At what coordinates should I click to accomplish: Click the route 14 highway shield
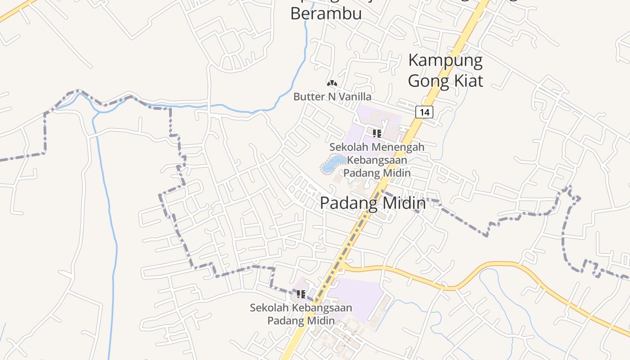click(x=424, y=112)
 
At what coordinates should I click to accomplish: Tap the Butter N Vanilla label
click(x=332, y=97)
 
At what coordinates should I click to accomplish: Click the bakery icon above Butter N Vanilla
click(x=332, y=83)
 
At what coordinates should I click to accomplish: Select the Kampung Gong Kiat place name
click(x=445, y=71)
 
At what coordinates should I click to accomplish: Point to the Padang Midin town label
click(x=373, y=203)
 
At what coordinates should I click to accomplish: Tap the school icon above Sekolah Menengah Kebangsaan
click(x=377, y=133)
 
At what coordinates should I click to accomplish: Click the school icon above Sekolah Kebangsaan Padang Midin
click(x=301, y=294)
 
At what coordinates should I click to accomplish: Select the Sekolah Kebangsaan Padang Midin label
click(x=301, y=314)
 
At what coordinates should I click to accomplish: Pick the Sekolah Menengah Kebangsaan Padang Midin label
click(x=377, y=160)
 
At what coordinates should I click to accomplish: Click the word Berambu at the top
click(x=326, y=13)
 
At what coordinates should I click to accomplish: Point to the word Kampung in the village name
click(x=445, y=61)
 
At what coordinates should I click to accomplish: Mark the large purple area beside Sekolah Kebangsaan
click(x=358, y=297)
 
